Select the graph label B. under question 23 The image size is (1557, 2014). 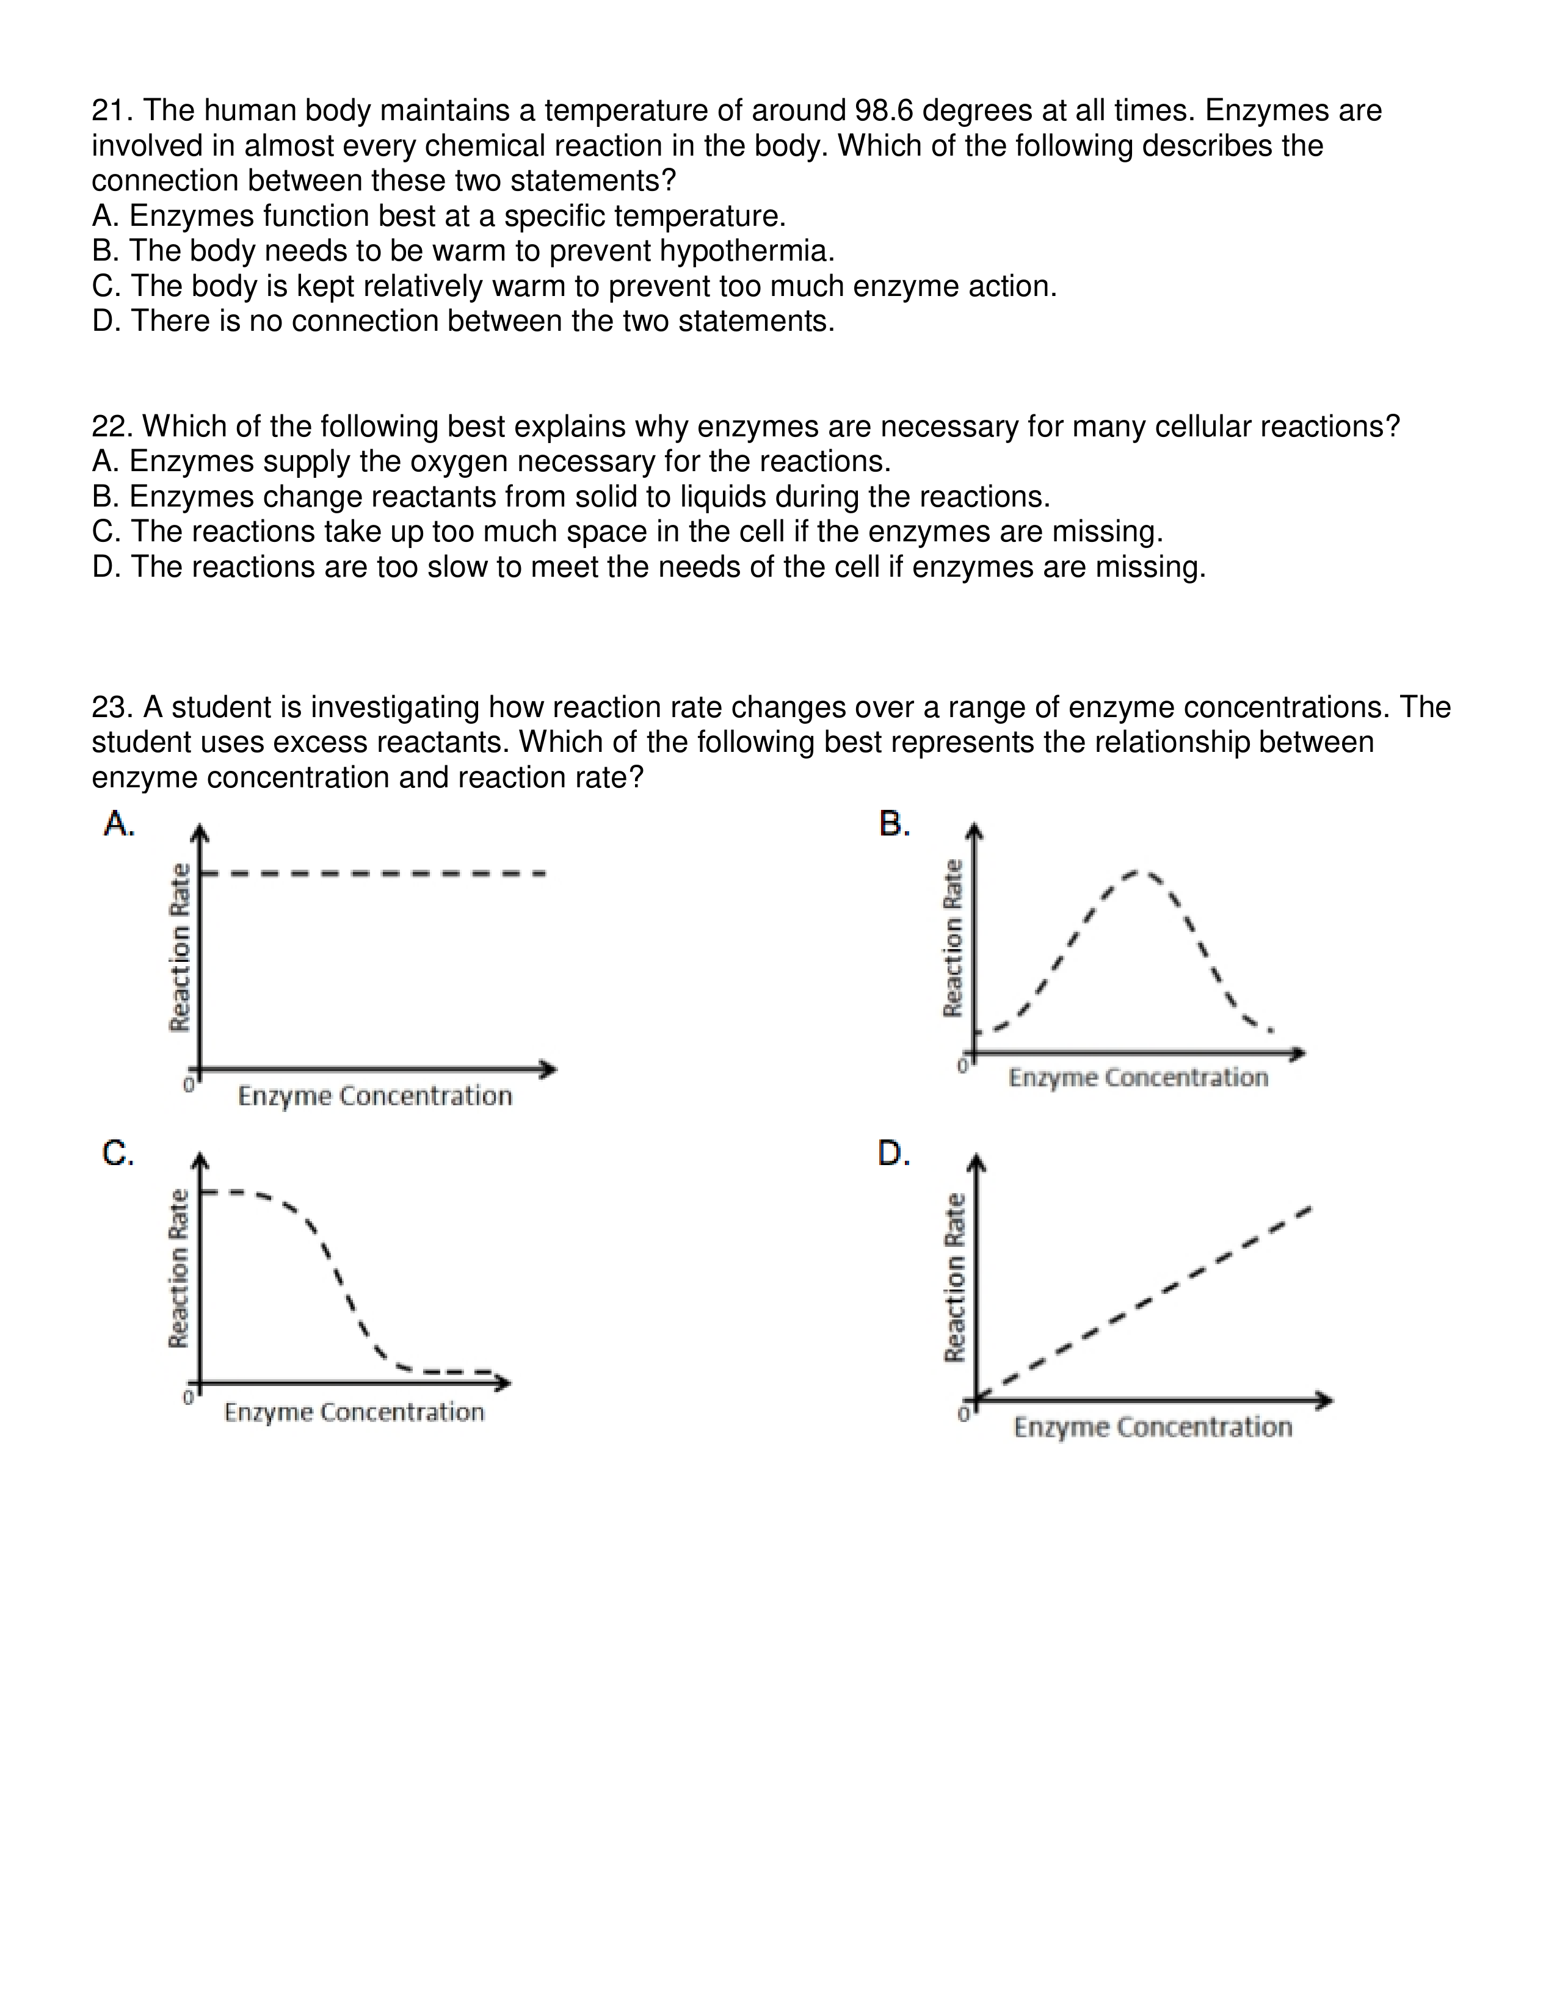click(x=895, y=823)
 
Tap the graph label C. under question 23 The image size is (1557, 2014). click(x=118, y=1153)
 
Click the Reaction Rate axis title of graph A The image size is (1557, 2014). click(x=181, y=947)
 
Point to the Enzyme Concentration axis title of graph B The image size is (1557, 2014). click(x=1138, y=1078)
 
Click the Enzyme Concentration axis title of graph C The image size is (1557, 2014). click(x=354, y=1413)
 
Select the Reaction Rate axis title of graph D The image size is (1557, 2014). click(x=956, y=1278)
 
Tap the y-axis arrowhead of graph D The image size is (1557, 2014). click(x=979, y=1164)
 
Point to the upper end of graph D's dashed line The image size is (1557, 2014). click(x=1308, y=1209)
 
